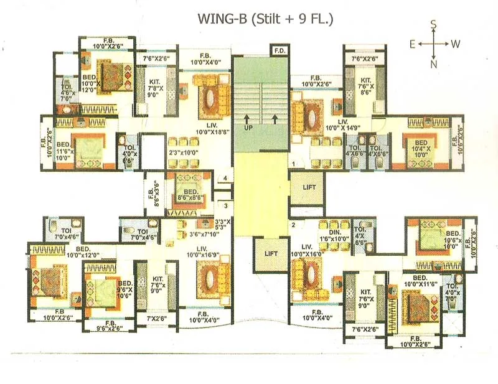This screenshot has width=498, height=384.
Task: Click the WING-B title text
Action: (x=265, y=19)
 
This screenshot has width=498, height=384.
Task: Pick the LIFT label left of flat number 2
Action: (x=271, y=253)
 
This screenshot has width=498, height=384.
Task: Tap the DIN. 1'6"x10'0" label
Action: (x=334, y=234)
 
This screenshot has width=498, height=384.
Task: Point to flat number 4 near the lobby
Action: (x=225, y=179)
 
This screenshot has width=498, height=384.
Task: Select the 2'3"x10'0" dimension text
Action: (x=182, y=152)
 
